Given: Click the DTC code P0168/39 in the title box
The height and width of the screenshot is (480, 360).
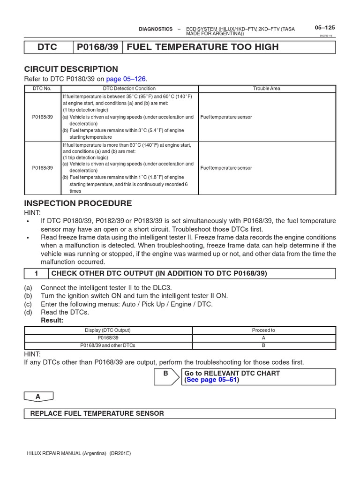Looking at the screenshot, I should (97, 47).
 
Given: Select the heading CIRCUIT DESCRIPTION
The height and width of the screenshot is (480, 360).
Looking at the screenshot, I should (71, 69).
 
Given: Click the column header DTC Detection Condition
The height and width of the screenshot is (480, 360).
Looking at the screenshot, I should (129, 89).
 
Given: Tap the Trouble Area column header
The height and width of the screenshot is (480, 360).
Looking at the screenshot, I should (266, 89).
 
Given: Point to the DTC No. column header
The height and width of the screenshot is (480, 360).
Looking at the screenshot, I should (42, 89).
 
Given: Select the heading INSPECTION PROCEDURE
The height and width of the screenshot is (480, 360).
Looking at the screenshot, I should (78, 203).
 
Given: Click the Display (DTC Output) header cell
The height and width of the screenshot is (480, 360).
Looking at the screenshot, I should (108, 330).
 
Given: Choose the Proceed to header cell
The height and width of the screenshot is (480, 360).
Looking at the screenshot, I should (263, 330).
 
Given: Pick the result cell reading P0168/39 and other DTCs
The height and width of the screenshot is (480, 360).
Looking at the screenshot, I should (108, 345).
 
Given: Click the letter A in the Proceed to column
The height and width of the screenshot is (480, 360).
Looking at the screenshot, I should (263, 337).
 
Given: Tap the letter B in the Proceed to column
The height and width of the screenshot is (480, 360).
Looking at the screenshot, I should (263, 345).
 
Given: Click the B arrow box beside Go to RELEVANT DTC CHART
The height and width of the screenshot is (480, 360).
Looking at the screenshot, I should (166, 376).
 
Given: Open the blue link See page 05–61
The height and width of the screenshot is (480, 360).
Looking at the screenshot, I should (212, 380).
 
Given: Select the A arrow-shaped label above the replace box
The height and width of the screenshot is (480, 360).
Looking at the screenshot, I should (38, 397).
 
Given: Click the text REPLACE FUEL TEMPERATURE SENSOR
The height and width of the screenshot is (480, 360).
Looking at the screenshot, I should (97, 413).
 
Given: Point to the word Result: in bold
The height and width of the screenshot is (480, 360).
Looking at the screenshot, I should (52, 320).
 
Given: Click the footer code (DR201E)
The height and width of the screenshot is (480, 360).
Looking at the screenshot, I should (120, 453).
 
